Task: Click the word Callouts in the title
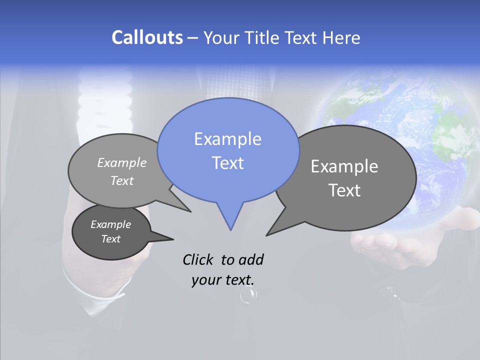[x=147, y=37]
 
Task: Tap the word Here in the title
[x=339, y=37]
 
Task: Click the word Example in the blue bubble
[x=227, y=139]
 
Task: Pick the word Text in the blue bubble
[x=227, y=163]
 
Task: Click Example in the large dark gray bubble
[x=344, y=166]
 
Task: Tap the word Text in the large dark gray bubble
[x=344, y=190]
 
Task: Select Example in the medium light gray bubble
[x=122, y=162]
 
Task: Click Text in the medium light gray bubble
[x=122, y=180]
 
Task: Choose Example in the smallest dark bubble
[x=110, y=224]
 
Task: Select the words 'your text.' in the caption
[x=222, y=280]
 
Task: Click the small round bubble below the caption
[x=248, y=295]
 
